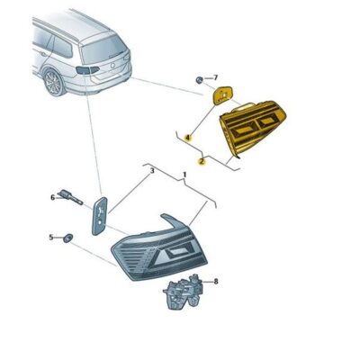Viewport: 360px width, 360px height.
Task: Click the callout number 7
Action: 214,79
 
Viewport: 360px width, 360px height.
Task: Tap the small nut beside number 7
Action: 199,80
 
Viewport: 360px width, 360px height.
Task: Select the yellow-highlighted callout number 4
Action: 187,137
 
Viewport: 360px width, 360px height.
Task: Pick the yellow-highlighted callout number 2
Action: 202,162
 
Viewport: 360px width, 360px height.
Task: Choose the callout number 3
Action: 152,170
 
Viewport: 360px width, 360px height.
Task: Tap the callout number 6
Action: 52,196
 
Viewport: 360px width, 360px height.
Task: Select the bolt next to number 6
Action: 72,197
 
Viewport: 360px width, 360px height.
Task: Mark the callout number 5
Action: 50,237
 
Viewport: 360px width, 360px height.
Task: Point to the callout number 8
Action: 215,282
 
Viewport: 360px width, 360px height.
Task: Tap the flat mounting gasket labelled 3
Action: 100,217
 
